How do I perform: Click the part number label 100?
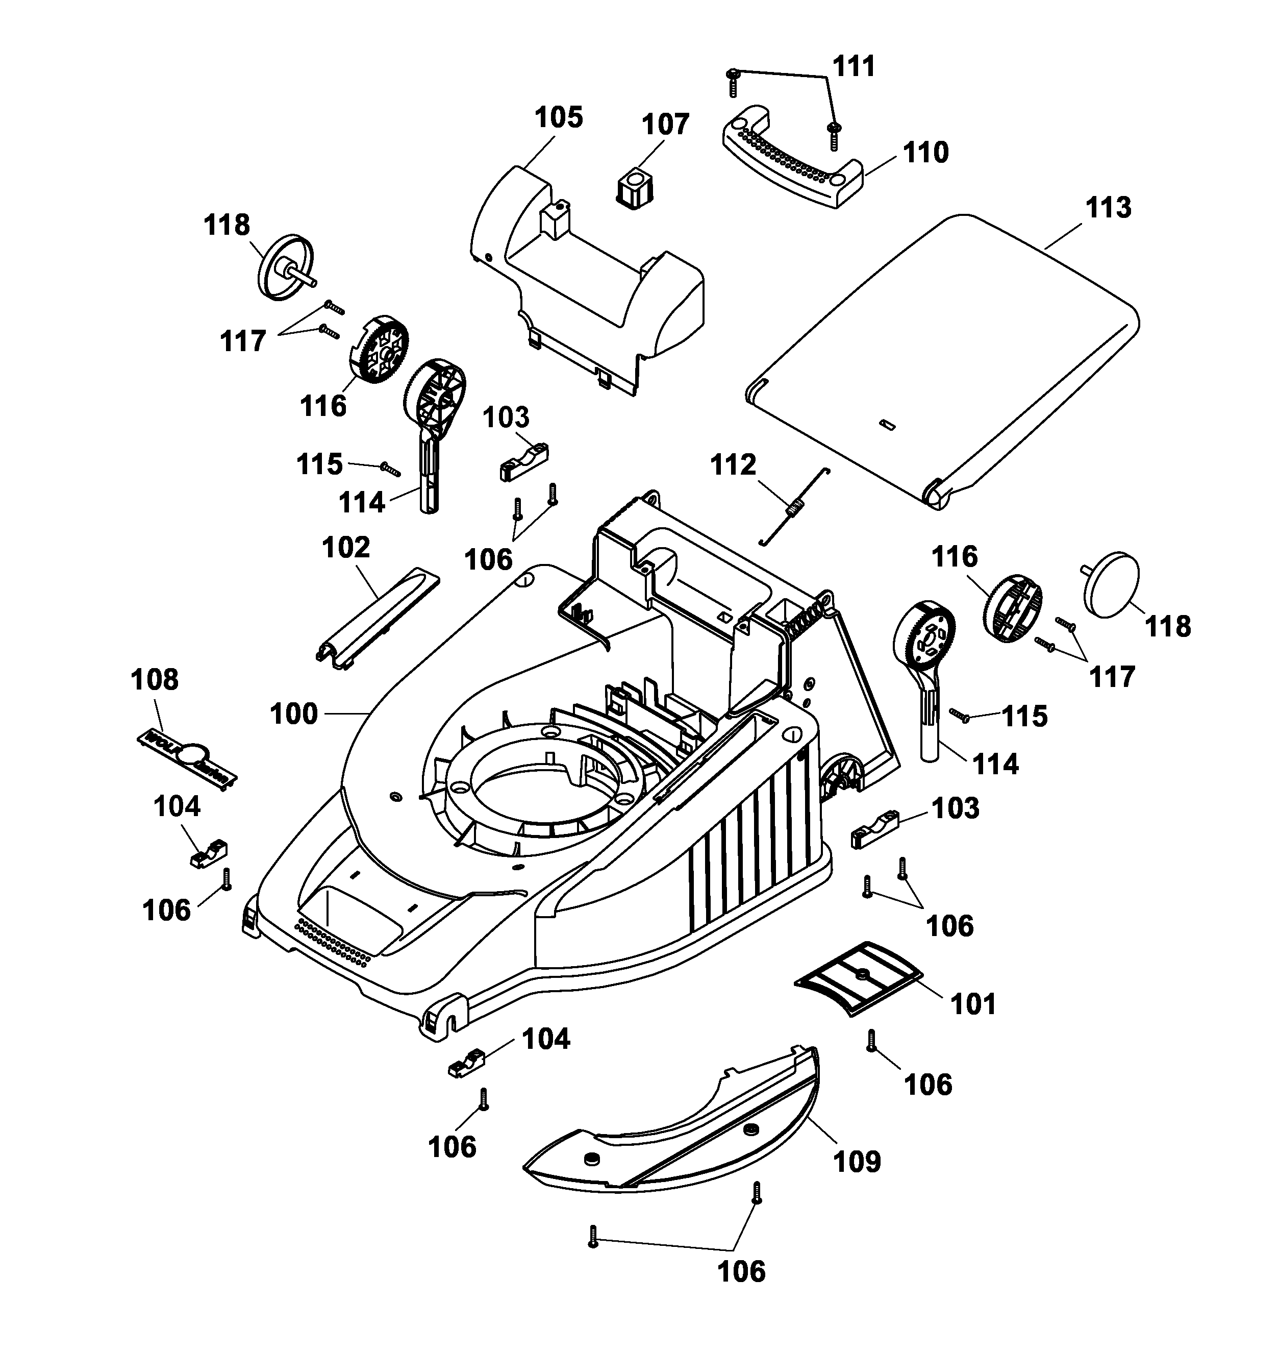pyautogui.click(x=294, y=714)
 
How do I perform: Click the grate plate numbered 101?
pyautogui.click(x=858, y=979)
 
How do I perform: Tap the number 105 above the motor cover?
pyautogui.click(x=558, y=117)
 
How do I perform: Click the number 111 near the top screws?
pyautogui.click(x=854, y=67)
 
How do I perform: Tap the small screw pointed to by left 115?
pyautogui.click(x=389, y=468)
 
